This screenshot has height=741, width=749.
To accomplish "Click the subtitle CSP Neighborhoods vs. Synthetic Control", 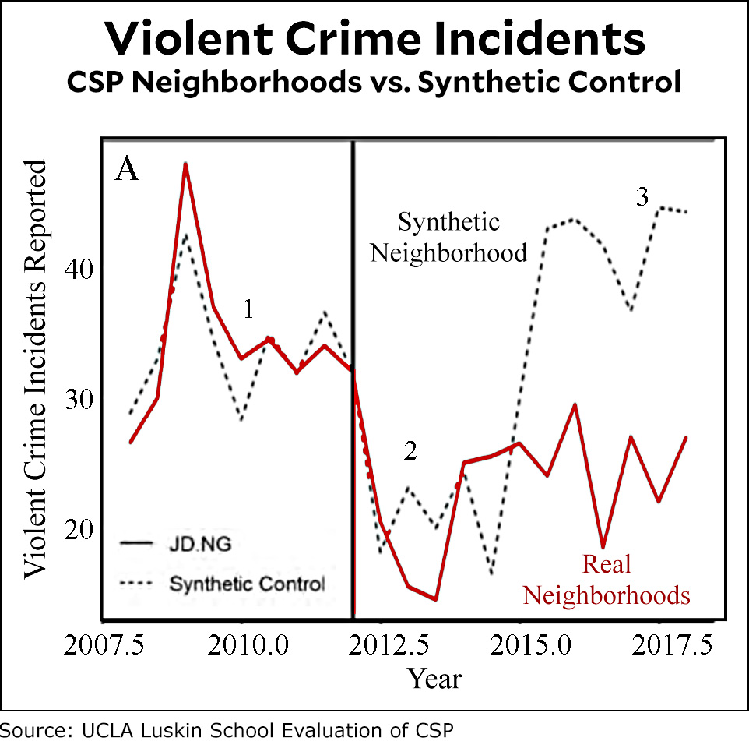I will [x=374, y=82].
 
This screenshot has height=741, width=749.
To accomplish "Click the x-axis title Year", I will [x=434, y=678].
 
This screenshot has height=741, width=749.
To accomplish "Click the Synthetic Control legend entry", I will [x=246, y=583].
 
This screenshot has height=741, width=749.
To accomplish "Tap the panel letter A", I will [x=127, y=169].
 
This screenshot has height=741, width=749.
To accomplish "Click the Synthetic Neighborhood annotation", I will [x=448, y=238].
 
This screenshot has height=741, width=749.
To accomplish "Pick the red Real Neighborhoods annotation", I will [x=606, y=579].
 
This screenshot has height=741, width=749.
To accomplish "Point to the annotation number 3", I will [x=642, y=197].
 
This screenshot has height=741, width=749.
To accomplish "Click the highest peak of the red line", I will [x=185, y=164].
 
